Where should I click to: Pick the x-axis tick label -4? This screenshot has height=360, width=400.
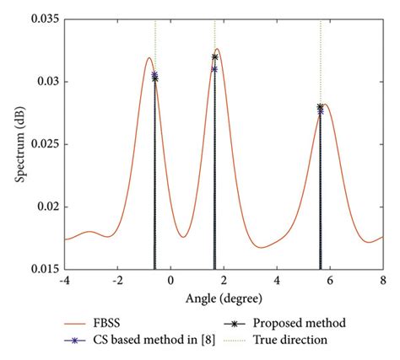65,280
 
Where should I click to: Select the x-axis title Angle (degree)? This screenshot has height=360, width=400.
224,298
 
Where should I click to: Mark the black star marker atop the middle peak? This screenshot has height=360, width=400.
214,57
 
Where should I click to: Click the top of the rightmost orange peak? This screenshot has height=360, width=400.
325,105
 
